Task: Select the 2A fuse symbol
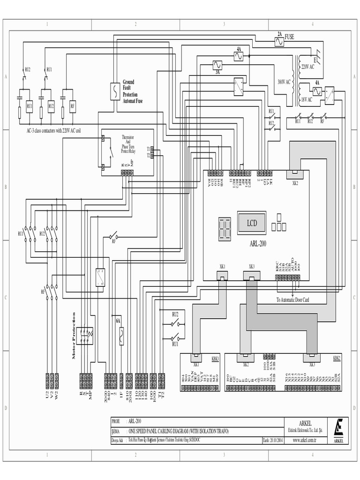tap(280, 42)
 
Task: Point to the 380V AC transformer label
tap(284, 81)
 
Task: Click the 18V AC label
tap(307, 99)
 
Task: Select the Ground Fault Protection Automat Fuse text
tap(133, 91)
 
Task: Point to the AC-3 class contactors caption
tap(53, 130)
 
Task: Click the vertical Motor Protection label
tap(74, 335)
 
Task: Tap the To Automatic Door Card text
tap(293, 300)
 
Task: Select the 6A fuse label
tap(118, 321)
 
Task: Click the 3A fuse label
tap(217, 73)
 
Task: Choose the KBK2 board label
tap(337, 357)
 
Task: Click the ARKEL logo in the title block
tap(339, 429)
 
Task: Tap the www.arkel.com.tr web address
tap(305, 440)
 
